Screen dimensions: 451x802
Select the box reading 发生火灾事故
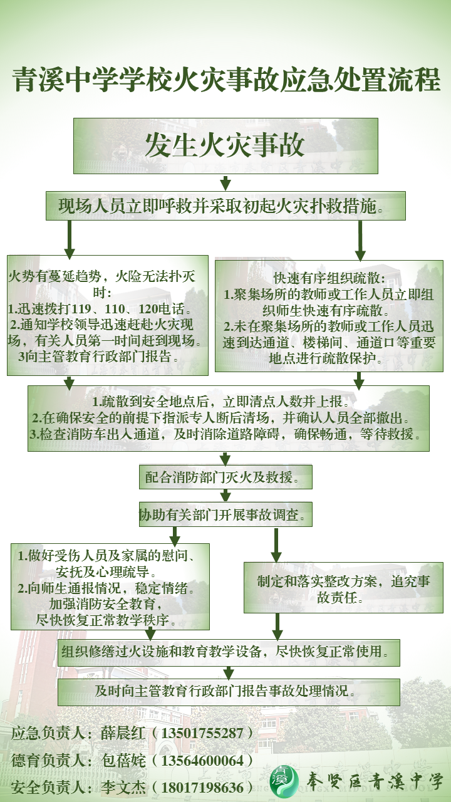225,145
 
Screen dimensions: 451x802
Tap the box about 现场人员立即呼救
225,206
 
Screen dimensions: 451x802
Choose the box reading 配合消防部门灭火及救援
225,477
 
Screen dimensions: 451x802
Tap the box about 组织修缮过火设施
229,652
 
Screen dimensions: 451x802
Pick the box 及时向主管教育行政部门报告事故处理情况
229,692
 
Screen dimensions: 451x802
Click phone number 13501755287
202,733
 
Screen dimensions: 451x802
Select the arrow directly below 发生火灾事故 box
225,183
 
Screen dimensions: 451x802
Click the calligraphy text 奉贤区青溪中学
375,781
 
